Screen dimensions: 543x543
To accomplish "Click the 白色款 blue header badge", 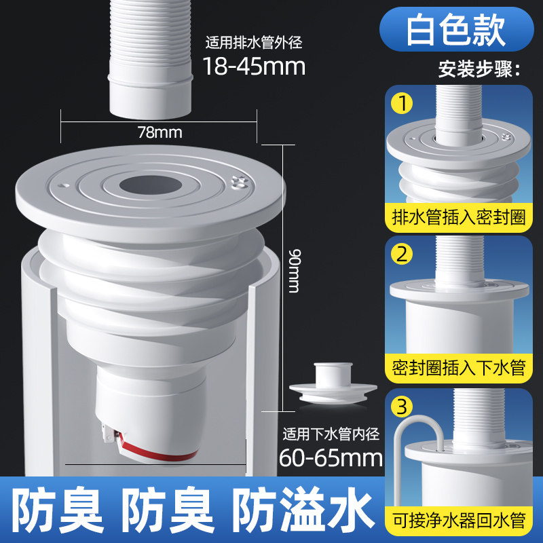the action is click(456, 29).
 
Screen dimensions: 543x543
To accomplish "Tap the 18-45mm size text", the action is click(254, 67).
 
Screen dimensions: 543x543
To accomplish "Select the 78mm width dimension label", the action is click(160, 132).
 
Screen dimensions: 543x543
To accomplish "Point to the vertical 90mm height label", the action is click(295, 271).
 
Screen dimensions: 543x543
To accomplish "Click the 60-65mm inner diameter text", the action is click(331, 457).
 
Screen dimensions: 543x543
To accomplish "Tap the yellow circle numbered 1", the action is click(402, 103).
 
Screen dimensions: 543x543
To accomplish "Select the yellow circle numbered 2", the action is click(402, 254).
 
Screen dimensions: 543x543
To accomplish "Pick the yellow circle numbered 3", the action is click(402, 406).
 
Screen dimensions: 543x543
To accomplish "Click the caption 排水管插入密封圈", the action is click(459, 217).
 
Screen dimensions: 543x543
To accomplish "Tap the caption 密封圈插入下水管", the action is click(459, 368).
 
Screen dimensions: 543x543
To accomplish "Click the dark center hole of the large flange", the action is click(151, 185).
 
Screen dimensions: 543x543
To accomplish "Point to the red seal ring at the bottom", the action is click(156, 452).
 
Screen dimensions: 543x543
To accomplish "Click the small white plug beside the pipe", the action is click(333, 383).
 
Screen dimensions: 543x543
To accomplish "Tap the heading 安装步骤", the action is click(479, 69).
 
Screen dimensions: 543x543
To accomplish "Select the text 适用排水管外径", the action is click(254, 43).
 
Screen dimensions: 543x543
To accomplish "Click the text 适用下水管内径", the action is click(331, 434).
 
